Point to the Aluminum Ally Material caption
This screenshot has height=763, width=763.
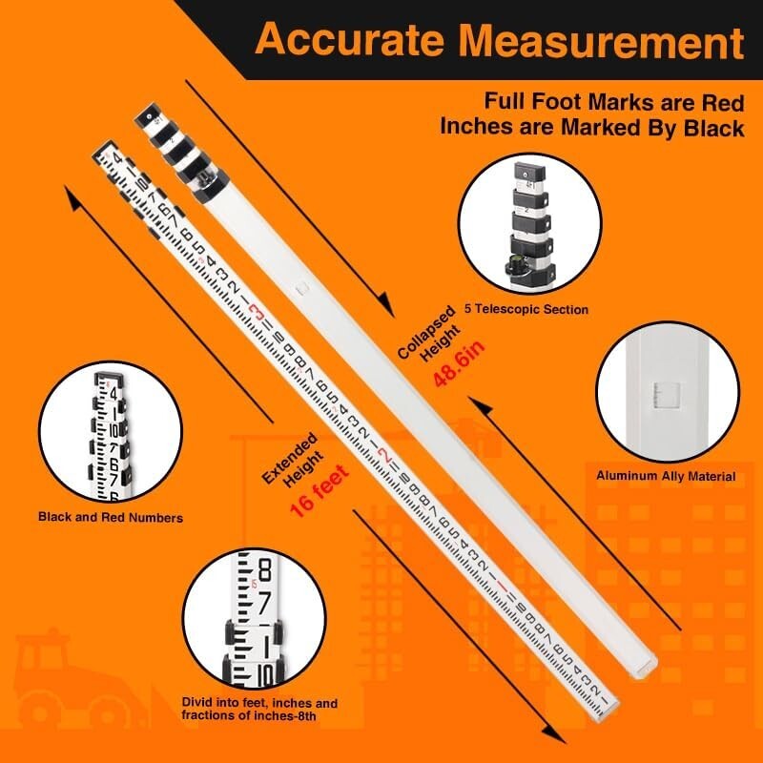click(666, 475)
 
